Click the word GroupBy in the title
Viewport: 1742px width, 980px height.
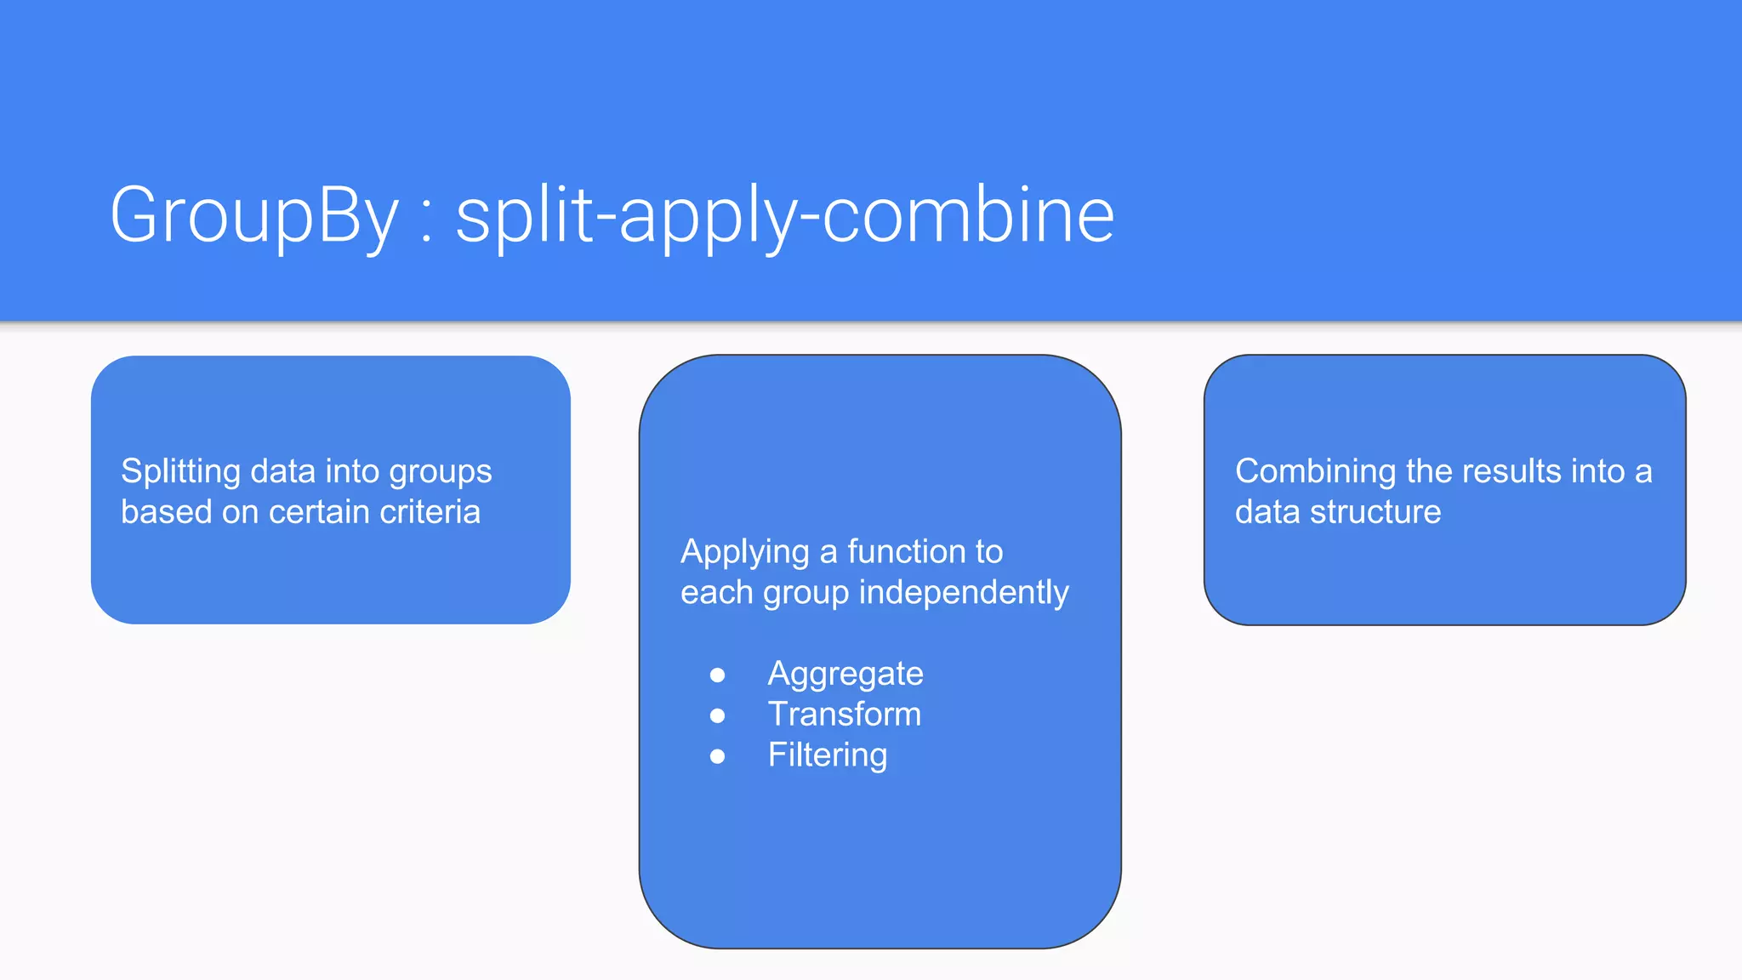coord(253,216)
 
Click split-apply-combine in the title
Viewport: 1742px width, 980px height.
coord(784,216)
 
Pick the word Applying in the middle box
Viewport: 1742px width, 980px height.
coord(744,553)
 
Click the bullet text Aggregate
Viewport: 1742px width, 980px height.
coord(845,674)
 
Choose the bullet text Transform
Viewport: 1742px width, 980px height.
coord(844,715)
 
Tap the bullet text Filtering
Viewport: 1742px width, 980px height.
coord(827,755)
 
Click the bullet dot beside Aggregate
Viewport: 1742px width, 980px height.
coord(717,675)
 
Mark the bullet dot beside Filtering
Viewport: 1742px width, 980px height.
coord(717,756)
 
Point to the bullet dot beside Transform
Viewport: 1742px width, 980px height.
coord(717,715)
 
